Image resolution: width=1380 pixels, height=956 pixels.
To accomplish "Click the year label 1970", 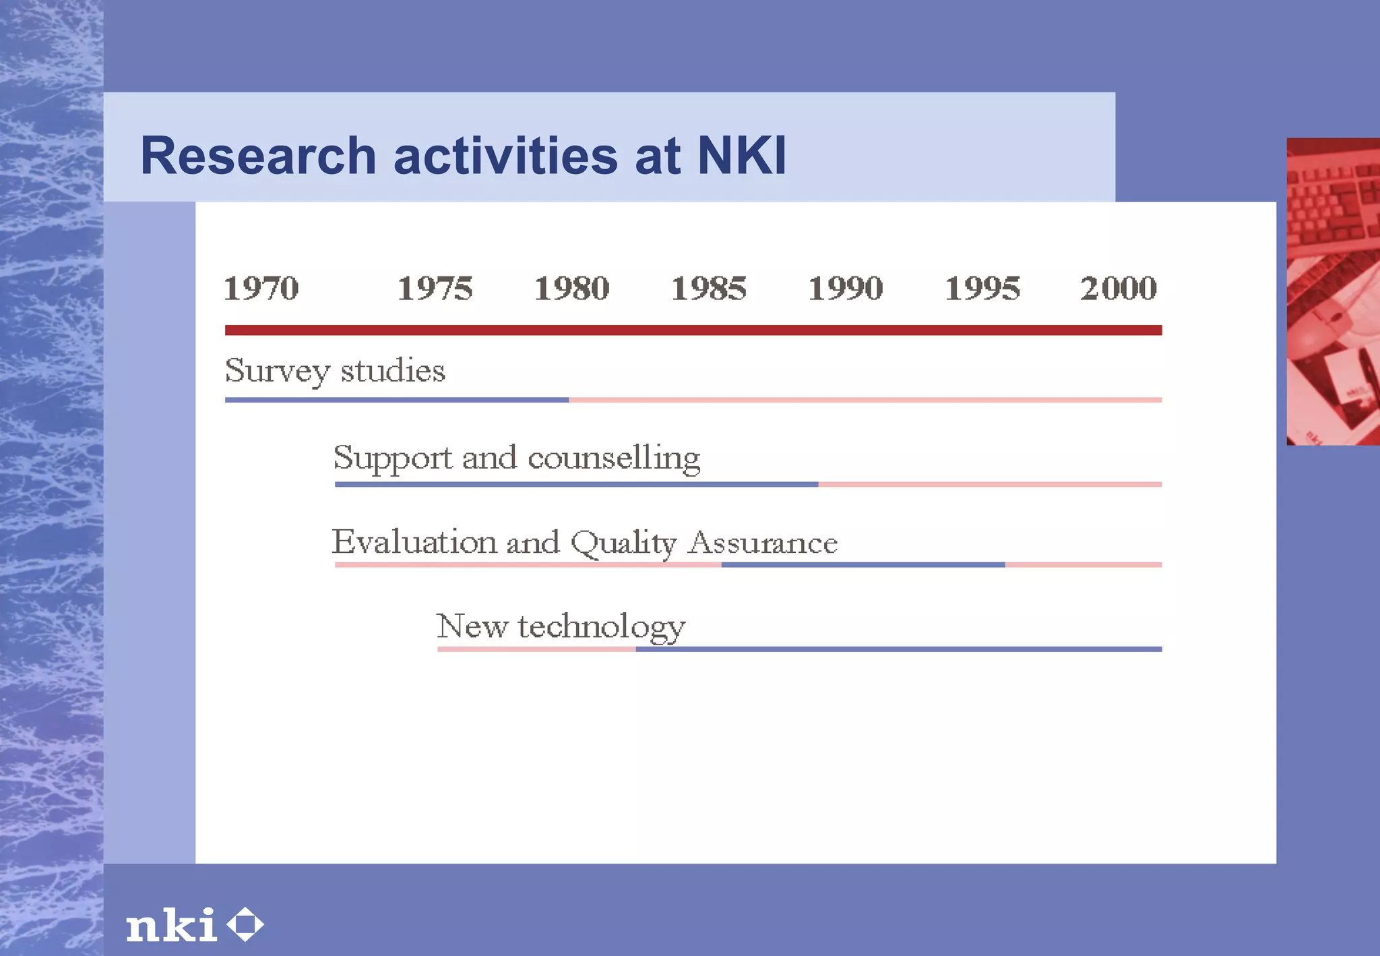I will click(x=261, y=289).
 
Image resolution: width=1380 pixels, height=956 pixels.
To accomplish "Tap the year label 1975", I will click(x=435, y=289).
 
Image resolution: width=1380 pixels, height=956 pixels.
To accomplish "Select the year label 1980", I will click(x=571, y=289).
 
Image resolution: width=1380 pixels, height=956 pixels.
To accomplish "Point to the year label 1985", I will click(x=709, y=289).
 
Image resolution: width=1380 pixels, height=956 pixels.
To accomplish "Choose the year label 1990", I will click(x=845, y=289).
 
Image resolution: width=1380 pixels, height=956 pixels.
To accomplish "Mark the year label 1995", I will click(x=982, y=289).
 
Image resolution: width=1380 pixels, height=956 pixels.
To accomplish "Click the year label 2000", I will click(x=1119, y=289).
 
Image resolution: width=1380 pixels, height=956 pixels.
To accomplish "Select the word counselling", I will click(x=614, y=458).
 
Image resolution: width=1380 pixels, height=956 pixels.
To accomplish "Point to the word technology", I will click(x=601, y=628).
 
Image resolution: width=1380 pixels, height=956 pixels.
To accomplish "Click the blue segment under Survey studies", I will click(x=396, y=400).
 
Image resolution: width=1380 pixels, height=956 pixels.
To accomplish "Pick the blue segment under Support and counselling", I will click(x=576, y=484).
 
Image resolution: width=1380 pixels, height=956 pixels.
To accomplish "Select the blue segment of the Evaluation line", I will click(x=862, y=564).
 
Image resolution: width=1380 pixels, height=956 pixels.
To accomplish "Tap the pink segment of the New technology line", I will click(x=536, y=649).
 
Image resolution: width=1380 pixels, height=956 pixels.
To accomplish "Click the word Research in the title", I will click(x=257, y=156).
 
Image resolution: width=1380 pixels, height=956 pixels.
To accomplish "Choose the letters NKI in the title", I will click(x=741, y=156).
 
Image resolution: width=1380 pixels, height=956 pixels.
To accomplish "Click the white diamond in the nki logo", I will click(x=245, y=924).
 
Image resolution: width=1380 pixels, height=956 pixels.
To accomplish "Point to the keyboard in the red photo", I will click(x=1331, y=202).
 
